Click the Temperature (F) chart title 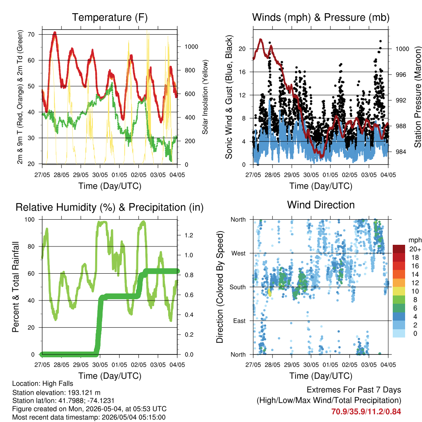(x=110, y=17)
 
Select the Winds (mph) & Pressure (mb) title (x=321, y=17)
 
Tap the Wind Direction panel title (x=321, y=205)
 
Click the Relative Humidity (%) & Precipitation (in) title (x=110, y=208)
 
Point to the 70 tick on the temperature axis (x=31, y=35)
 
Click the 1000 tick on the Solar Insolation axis (x=191, y=47)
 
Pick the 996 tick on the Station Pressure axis (x=401, y=75)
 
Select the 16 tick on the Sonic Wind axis (x=242, y=72)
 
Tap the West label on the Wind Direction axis (x=239, y=253)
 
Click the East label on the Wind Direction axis (x=239, y=321)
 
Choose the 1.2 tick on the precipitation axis (x=189, y=235)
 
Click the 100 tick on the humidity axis (x=30, y=220)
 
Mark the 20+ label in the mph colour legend (x=415, y=249)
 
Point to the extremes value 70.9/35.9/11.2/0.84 (x=366, y=412)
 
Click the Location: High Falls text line (x=43, y=384)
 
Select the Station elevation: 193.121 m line (x=56, y=393)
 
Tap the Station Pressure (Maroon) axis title (x=417, y=96)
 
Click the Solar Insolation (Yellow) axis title (x=205, y=97)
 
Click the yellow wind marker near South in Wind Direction (x=270, y=293)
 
